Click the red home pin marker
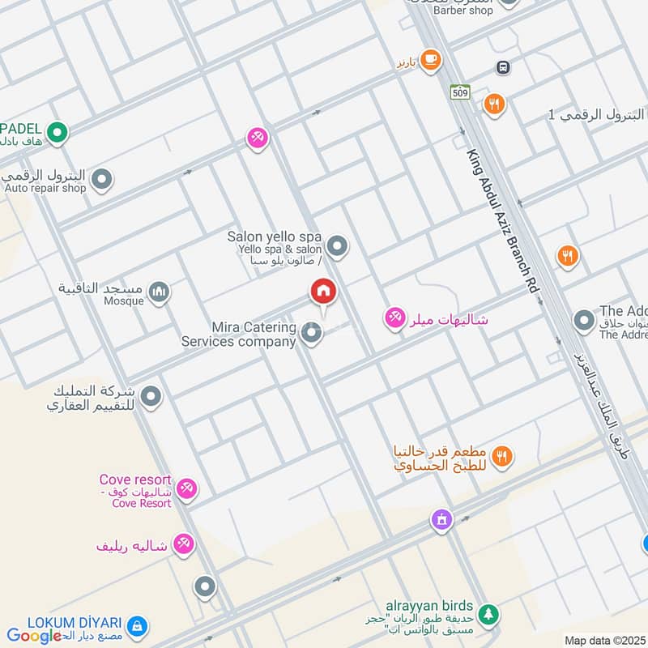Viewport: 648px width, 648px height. coord(323,292)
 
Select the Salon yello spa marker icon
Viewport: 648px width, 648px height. coord(338,246)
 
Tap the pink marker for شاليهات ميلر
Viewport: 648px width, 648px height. coord(394,318)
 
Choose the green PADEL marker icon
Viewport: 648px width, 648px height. coord(57,131)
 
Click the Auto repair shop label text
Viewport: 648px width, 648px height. coord(45,188)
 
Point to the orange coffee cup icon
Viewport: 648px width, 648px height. coord(430,59)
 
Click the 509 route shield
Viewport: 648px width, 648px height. coord(461,92)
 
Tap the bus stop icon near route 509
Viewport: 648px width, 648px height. coord(503,67)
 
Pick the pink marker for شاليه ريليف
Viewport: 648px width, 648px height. coord(184,544)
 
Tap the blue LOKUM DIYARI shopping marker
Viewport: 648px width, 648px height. coord(138,625)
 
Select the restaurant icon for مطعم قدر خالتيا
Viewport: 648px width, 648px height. coord(502,457)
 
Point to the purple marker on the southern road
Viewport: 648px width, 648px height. coord(441,518)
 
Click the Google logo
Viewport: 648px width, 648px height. coord(34,636)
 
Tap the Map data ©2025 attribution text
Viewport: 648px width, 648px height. coord(604,640)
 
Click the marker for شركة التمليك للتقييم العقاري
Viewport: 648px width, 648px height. coord(151,397)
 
